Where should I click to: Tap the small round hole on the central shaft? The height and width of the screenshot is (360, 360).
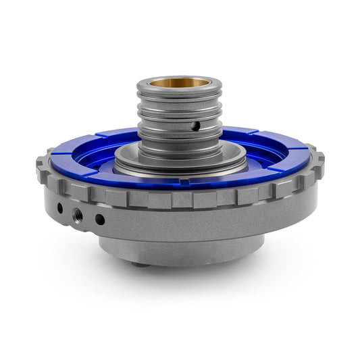[x=196, y=126]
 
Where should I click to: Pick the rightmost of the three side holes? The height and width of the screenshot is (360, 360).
[x=100, y=219]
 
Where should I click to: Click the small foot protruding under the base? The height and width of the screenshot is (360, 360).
[x=140, y=264]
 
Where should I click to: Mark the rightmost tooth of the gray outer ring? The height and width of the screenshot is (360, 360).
[x=319, y=161]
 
